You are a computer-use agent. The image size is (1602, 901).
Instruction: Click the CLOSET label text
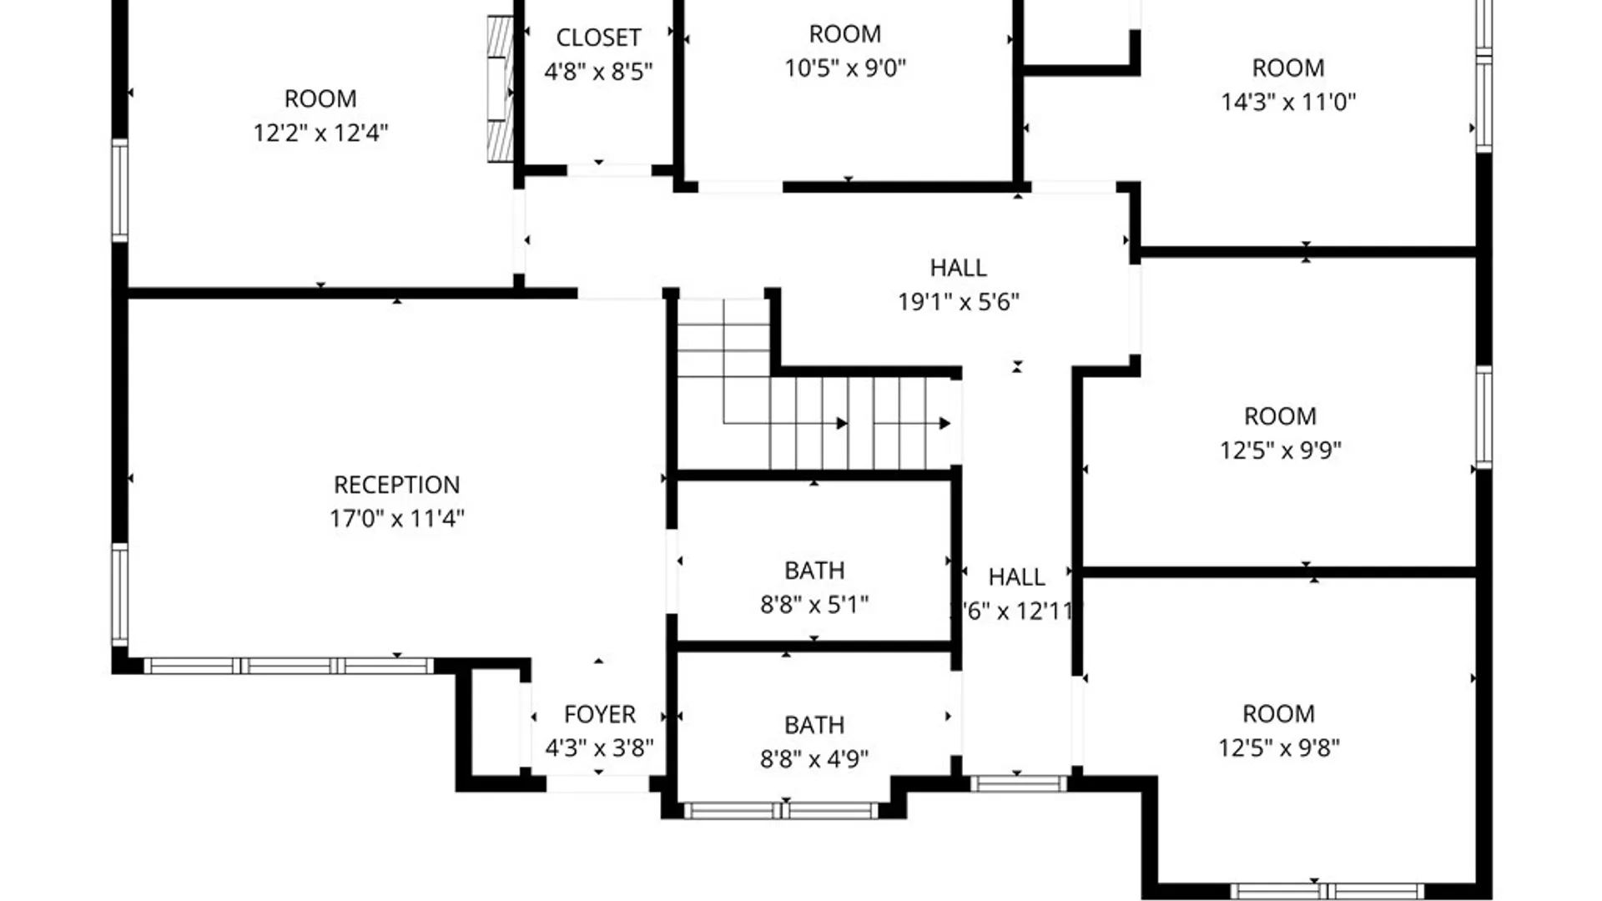point(598,38)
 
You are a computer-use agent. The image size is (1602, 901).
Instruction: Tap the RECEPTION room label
point(396,485)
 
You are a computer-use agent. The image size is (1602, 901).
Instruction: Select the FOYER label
point(599,714)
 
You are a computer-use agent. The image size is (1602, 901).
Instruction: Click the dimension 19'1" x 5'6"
point(958,302)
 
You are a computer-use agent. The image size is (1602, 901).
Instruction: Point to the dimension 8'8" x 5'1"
point(814,604)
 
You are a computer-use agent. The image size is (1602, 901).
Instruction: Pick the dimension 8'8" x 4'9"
point(814,758)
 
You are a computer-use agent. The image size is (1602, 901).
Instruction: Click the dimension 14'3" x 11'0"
point(1287,103)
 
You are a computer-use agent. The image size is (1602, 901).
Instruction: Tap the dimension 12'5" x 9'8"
point(1278,747)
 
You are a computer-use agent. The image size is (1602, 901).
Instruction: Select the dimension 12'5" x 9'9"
point(1280,450)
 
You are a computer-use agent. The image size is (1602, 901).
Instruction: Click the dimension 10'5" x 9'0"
point(844,68)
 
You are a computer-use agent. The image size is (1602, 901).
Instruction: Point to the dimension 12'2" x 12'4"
point(320,133)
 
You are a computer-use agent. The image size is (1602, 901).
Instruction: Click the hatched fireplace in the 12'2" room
point(500,89)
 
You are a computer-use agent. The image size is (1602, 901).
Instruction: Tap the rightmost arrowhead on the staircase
point(945,424)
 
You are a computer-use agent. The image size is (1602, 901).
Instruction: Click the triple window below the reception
point(288,666)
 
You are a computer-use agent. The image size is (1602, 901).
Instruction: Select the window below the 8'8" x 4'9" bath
point(781,810)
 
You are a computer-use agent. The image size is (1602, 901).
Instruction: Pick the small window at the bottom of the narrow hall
point(1018,783)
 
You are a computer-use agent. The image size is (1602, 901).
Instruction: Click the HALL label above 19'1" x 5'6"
point(958,268)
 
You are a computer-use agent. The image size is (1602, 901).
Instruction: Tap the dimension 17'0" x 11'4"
point(396,519)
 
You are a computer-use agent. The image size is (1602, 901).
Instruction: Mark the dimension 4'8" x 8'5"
point(598,73)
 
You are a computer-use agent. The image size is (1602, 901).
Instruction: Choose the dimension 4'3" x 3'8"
point(599,748)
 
